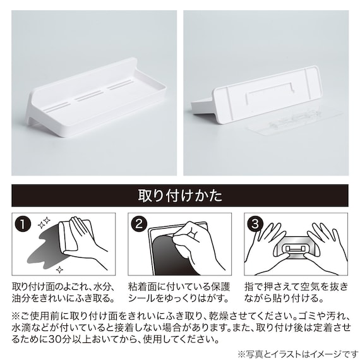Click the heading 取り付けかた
180,195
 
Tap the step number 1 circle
25,224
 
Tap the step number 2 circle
141,224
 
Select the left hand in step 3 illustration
265,243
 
